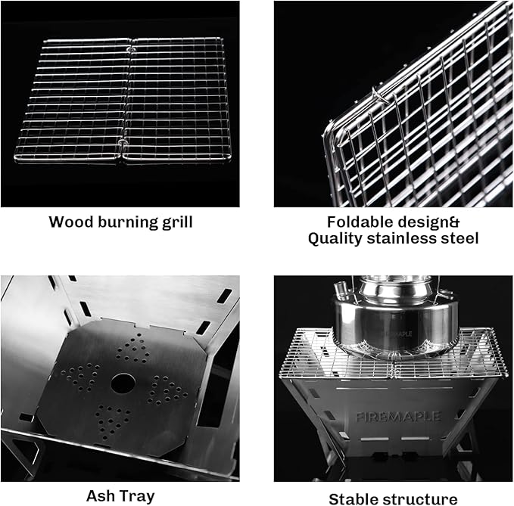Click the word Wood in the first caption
pos(70,222)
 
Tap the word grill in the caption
pos(176,222)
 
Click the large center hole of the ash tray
pos(121,383)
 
